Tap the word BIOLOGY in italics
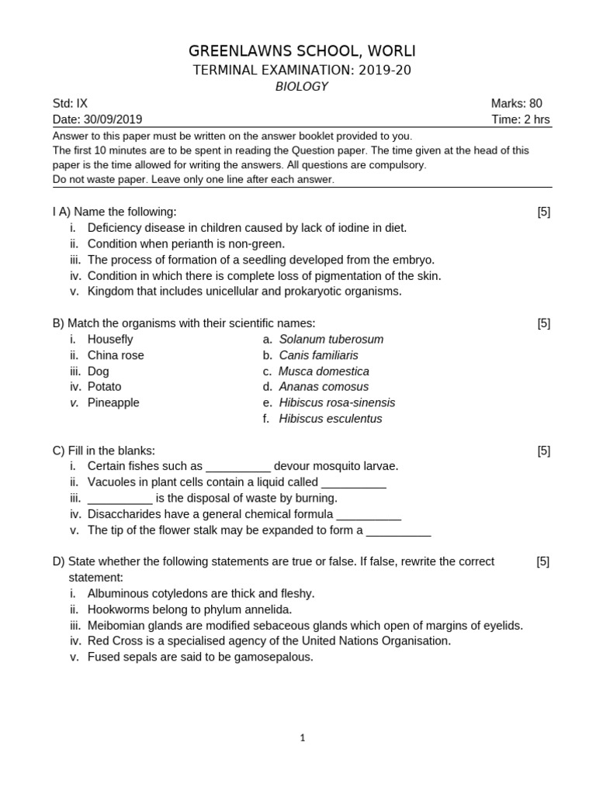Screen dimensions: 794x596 pos(301,87)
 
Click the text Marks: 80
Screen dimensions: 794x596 pos(516,103)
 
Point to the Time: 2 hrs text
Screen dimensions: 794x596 pos(521,119)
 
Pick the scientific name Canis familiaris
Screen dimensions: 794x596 pos(318,355)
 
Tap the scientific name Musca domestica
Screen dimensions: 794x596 pos(324,371)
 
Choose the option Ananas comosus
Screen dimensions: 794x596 pos(324,386)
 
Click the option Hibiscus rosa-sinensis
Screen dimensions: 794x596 pos(337,402)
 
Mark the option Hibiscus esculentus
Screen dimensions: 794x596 pos(331,419)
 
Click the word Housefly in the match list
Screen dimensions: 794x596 pos(110,339)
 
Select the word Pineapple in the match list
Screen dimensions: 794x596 pos(113,402)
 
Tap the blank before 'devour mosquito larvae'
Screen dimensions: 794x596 pos(238,466)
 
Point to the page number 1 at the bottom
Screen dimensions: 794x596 pos(303,738)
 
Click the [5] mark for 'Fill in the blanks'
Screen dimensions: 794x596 pos(543,451)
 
